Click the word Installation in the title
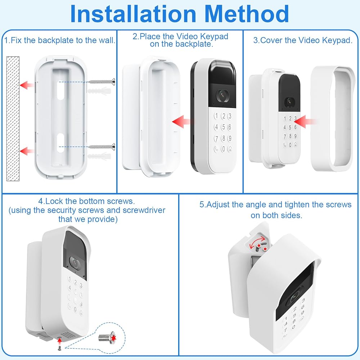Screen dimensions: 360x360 pyautogui.click(x=133, y=14)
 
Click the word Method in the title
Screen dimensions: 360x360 pyautogui.click(x=246, y=14)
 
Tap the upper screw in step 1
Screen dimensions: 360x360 pyautogui.click(x=102, y=81)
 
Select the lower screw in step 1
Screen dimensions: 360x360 pyautogui.click(x=102, y=146)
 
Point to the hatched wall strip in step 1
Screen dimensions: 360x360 pyautogui.click(x=13, y=118)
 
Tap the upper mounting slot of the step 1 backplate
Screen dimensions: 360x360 pyautogui.click(x=60, y=90)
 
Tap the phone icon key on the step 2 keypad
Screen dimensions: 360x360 pyautogui.click(x=216, y=149)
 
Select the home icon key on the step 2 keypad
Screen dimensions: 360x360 pyautogui.click(x=230, y=149)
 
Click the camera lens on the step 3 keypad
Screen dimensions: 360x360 pyautogui.click(x=289, y=102)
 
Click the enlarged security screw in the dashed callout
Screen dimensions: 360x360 pyautogui.click(x=107, y=337)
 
